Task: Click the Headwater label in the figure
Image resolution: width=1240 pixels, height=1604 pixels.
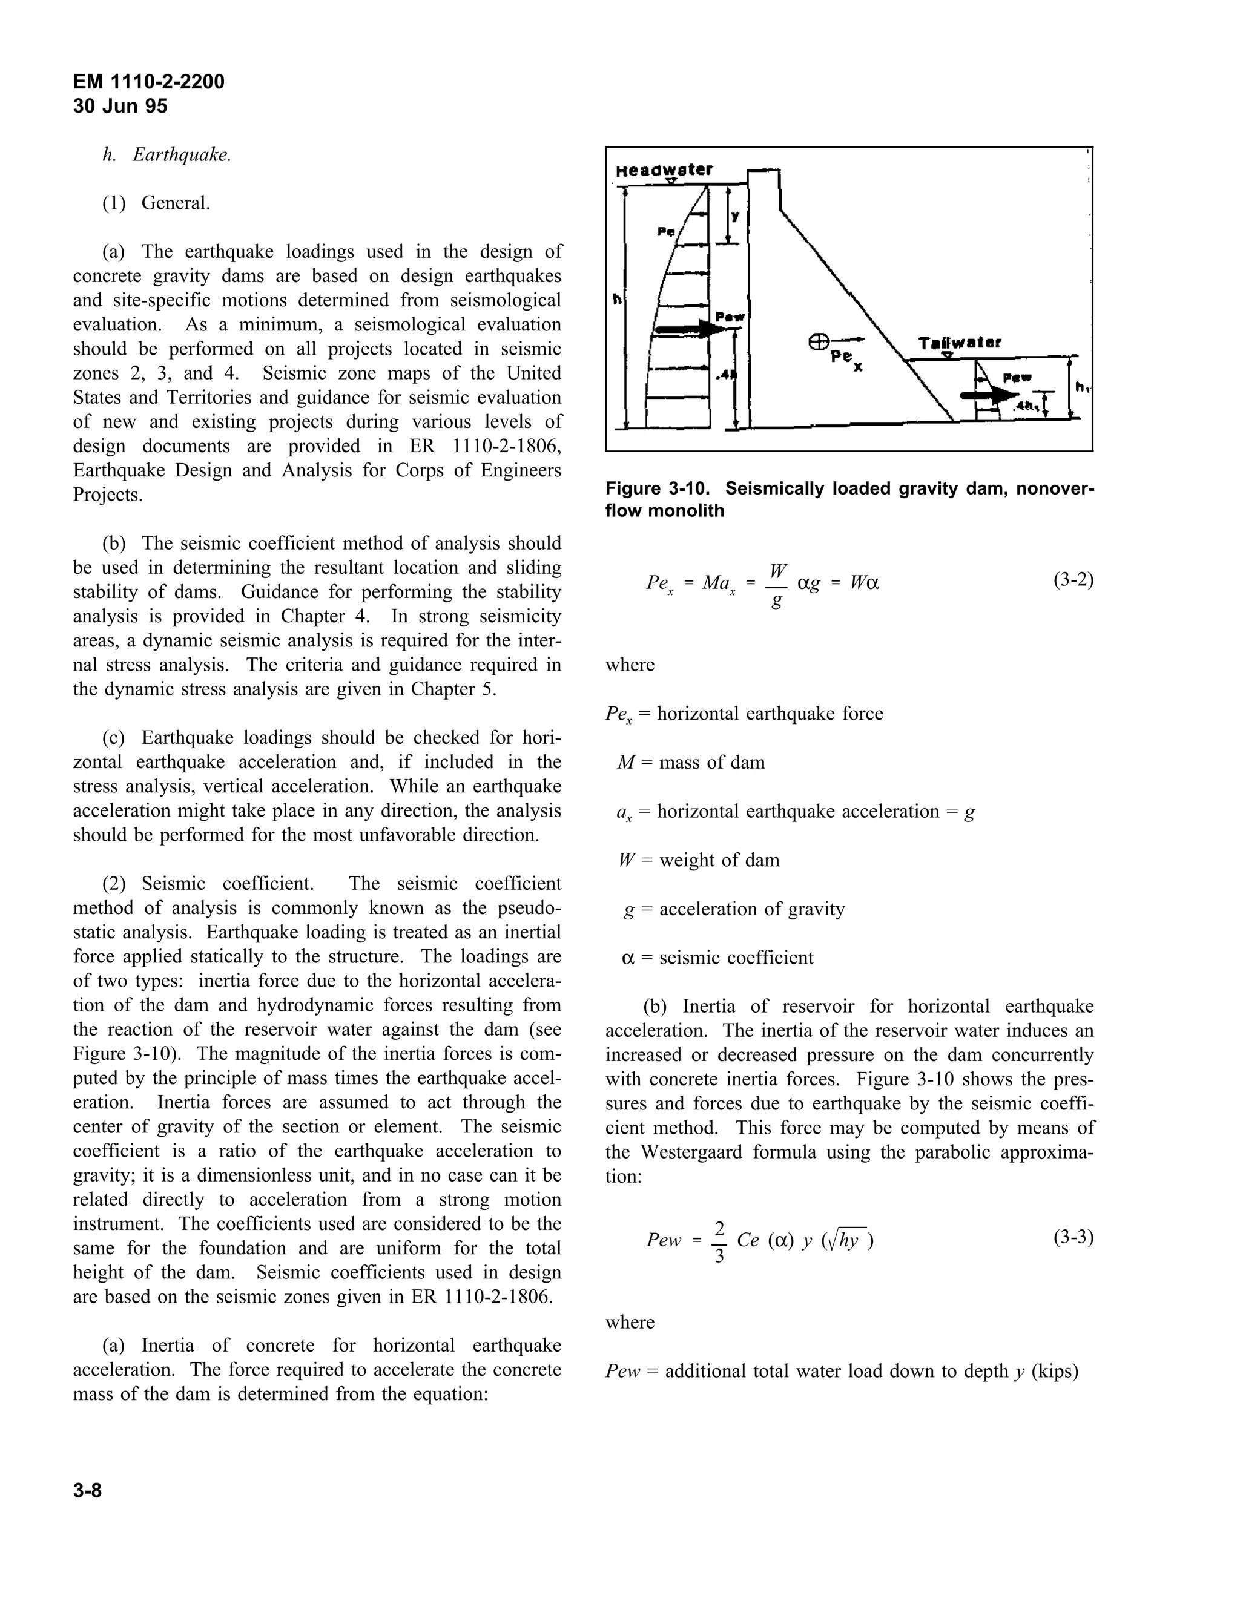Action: pos(664,169)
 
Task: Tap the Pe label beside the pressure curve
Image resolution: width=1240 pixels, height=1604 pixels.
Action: pos(665,231)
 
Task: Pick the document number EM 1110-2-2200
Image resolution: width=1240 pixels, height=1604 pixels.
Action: pos(148,82)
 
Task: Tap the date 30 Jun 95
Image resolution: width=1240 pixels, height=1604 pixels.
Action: pos(120,107)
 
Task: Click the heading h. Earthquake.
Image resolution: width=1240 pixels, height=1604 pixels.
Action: pos(167,155)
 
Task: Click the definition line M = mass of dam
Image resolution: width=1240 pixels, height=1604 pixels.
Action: pos(690,762)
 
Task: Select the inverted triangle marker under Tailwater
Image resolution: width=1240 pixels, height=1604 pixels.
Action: pos(948,355)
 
